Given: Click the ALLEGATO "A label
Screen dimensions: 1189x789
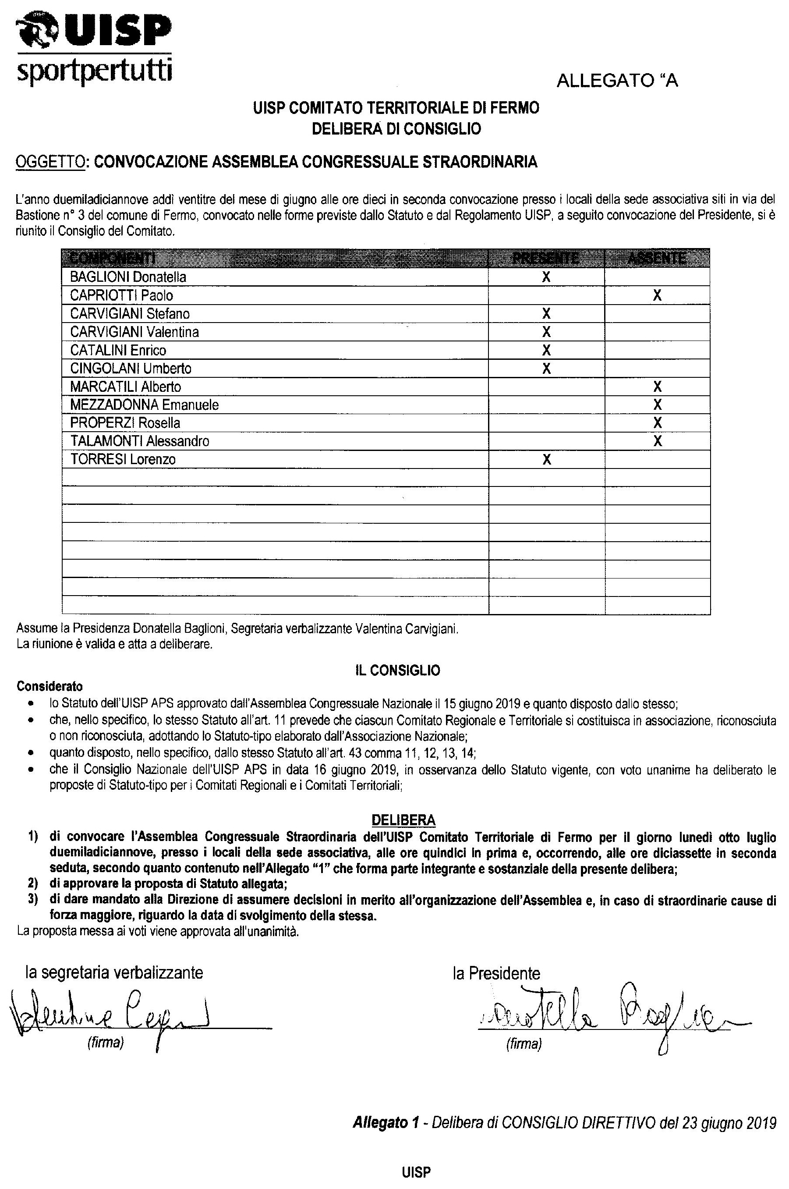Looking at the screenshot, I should pos(617,81).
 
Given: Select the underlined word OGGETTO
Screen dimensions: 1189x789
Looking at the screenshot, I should pos(50,162).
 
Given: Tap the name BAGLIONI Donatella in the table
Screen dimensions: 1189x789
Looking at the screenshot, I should pos(128,277).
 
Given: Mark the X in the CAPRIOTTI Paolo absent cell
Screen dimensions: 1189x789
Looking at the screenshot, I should pos(657,295).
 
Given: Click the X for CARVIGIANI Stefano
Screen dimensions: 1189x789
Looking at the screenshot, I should pos(546,314).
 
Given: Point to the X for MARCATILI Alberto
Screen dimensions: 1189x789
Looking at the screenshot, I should pos(657,387).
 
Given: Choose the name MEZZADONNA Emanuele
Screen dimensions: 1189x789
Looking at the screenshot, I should pos(145,405).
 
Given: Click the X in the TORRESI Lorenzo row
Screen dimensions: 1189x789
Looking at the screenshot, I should pos(546,460).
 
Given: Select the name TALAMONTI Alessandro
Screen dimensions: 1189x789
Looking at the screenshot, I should pos(139,441).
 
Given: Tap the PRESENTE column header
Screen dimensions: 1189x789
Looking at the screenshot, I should pos(546,258).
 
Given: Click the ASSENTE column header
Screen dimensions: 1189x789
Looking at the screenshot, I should pos(657,258).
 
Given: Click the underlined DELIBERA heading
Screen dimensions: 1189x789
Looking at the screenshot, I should pos(403,820).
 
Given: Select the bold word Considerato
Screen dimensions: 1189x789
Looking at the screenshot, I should pos(50,687).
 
